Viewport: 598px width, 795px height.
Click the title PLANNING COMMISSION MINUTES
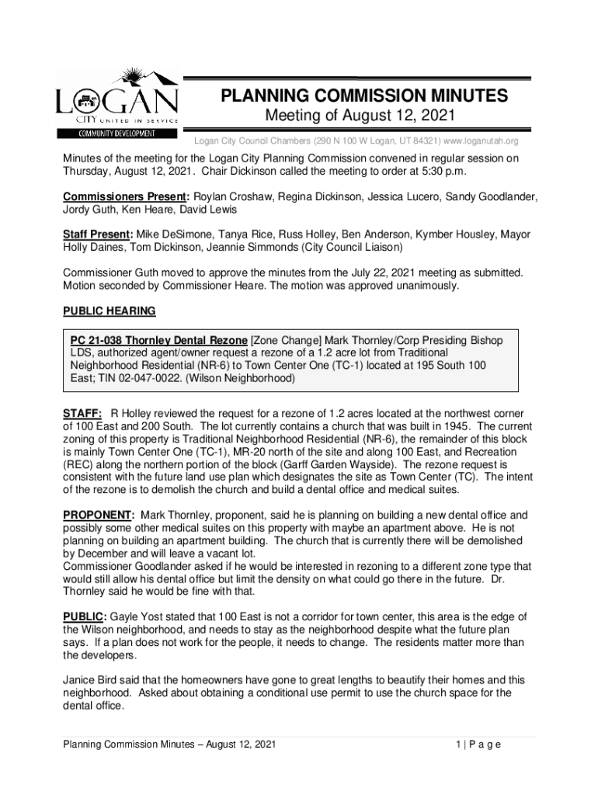tap(364, 96)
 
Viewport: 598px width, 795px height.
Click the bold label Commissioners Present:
tap(127, 197)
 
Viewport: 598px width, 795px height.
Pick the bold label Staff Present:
tap(98, 234)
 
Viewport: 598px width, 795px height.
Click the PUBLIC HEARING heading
tap(109, 311)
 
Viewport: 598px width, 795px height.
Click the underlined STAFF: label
tap(82, 414)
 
